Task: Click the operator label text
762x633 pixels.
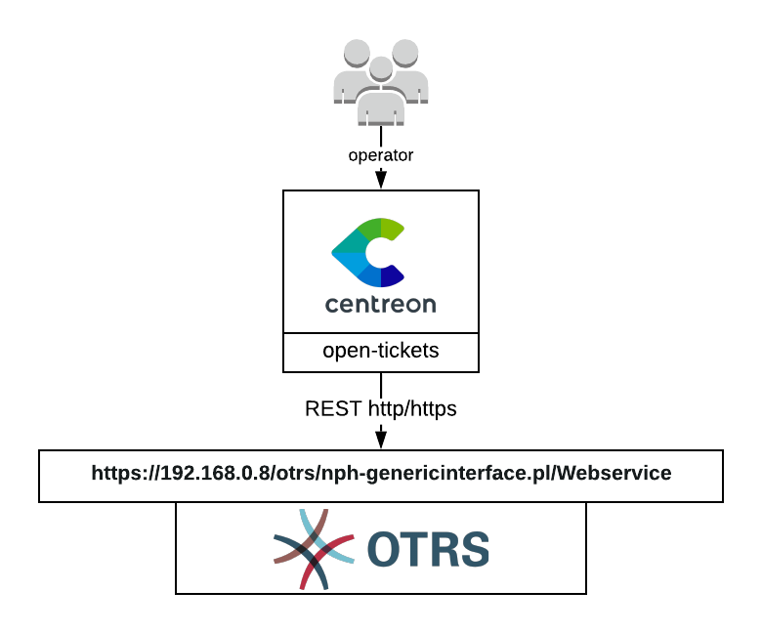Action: coord(381,155)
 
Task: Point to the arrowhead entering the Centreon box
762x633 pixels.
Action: coord(381,181)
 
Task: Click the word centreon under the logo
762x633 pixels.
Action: coord(381,304)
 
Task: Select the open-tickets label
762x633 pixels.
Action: coord(381,351)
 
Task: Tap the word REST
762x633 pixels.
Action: coord(332,409)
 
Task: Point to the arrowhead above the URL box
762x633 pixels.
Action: coord(381,437)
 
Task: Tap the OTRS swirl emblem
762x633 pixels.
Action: coord(314,549)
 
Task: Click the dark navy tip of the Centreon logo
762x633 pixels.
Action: coord(393,276)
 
